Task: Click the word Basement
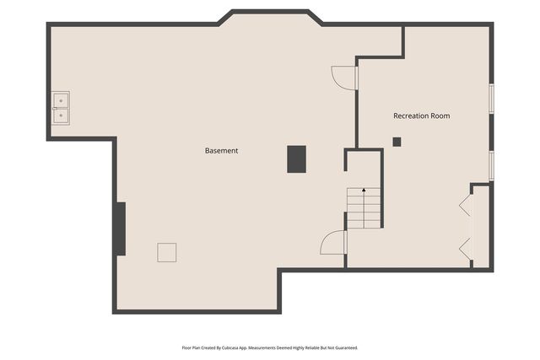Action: pos(221,151)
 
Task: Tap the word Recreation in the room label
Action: pos(411,116)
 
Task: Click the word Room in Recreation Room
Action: pos(440,116)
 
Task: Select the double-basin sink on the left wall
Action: pos(61,108)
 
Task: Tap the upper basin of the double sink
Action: pos(61,100)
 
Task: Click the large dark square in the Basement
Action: pos(296,159)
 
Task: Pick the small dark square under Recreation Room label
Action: pos(397,142)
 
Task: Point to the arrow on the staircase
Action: pos(364,191)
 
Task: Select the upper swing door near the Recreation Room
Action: pos(344,78)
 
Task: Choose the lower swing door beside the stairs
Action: pos(335,243)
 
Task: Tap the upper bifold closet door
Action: pos(464,206)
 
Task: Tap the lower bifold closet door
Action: pos(464,248)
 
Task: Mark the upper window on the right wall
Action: pos(491,97)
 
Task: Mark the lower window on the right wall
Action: pos(491,165)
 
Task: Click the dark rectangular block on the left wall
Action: pos(121,228)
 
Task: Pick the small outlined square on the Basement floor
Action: pos(167,252)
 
